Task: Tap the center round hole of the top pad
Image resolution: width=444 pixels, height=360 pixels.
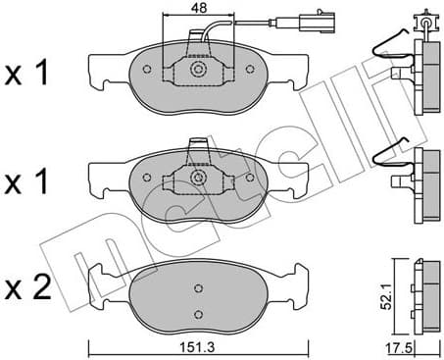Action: click(198, 71)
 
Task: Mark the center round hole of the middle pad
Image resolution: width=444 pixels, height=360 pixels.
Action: click(198, 179)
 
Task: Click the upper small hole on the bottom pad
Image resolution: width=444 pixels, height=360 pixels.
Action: click(198, 287)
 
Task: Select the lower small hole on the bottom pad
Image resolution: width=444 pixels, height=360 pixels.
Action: click(198, 313)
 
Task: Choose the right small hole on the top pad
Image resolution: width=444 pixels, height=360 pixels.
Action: click(252, 70)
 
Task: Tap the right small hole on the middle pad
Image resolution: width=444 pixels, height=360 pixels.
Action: click(252, 178)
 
